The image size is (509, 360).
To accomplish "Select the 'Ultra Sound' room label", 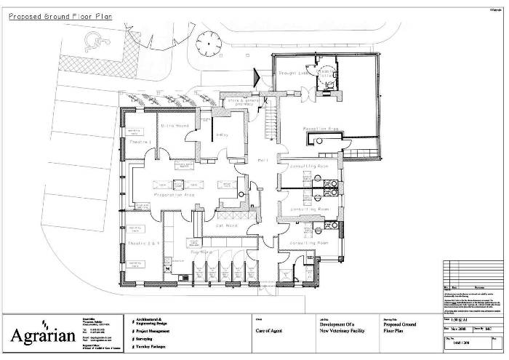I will (x=174, y=127).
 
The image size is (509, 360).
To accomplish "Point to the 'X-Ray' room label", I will (x=223, y=134).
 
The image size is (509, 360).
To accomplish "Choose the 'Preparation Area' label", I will (x=177, y=195).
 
